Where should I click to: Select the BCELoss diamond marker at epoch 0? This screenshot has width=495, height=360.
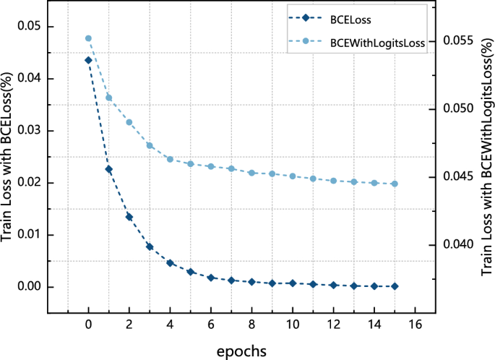click(x=88, y=60)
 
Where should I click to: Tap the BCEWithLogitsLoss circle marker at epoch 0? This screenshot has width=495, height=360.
click(x=88, y=38)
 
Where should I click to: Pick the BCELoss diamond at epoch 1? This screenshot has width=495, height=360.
click(x=108, y=169)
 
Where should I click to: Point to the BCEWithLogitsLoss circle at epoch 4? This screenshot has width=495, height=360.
click(x=170, y=159)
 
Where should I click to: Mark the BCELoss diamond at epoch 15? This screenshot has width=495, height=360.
click(x=395, y=286)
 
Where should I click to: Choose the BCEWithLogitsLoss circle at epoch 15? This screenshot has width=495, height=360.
click(x=395, y=184)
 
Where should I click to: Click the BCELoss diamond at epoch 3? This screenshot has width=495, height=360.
click(x=150, y=247)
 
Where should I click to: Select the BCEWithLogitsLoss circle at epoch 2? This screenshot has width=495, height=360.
click(x=129, y=122)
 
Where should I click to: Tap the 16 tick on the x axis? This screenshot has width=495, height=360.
click(x=415, y=326)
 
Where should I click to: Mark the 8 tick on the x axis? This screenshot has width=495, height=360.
click(x=251, y=326)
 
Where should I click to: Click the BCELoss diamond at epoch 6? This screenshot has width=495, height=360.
click(x=211, y=278)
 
